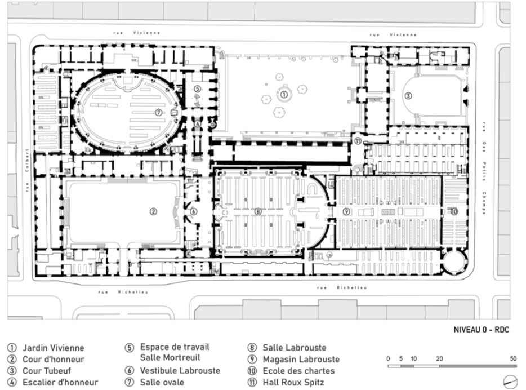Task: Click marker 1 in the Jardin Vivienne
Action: pos(284,95)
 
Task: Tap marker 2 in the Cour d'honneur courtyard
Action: pos(153,211)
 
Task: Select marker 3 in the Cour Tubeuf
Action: pos(408,96)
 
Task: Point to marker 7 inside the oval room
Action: pos(159,113)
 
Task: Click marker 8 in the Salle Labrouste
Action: pos(257,211)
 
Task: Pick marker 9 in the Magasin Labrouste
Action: pos(346,211)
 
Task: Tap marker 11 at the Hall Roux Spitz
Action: pos(358,141)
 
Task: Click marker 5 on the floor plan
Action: pos(198,88)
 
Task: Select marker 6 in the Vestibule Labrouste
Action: pos(194,211)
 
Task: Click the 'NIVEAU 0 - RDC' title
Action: pos(482,330)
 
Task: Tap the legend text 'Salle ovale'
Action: pos(162,382)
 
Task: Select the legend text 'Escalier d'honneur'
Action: pos(60,382)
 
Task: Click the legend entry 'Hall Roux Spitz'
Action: pos(293,382)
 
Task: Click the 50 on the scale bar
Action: pos(513,358)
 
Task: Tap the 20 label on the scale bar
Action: pos(439,358)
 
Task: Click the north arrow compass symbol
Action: pos(511,382)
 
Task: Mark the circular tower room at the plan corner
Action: pos(454,262)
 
